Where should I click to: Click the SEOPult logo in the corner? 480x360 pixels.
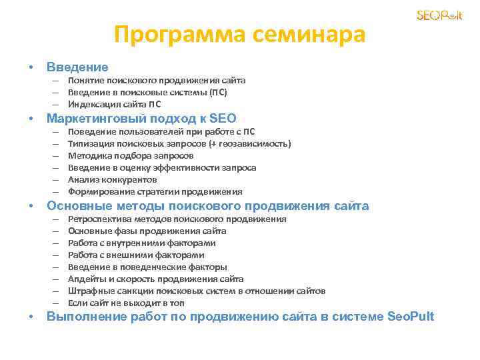[x=439, y=15]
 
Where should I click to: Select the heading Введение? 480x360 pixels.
[x=77, y=67]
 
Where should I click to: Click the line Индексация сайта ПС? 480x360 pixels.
[x=114, y=104]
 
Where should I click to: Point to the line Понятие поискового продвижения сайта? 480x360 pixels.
[x=157, y=80]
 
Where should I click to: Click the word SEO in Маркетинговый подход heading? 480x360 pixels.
[x=222, y=119]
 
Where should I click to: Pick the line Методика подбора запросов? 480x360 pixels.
[x=131, y=155]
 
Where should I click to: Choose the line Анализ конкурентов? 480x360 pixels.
[x=112, y=179]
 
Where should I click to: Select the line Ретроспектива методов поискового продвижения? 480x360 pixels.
[x=177, y=219]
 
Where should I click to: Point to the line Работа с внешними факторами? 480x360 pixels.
[x=136, y=255]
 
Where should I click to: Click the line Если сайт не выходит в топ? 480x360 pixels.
[x=126, y=303]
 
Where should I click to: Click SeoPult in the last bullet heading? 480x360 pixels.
[x=410, y=316]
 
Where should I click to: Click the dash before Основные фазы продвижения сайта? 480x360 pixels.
[x=53, y=231]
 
